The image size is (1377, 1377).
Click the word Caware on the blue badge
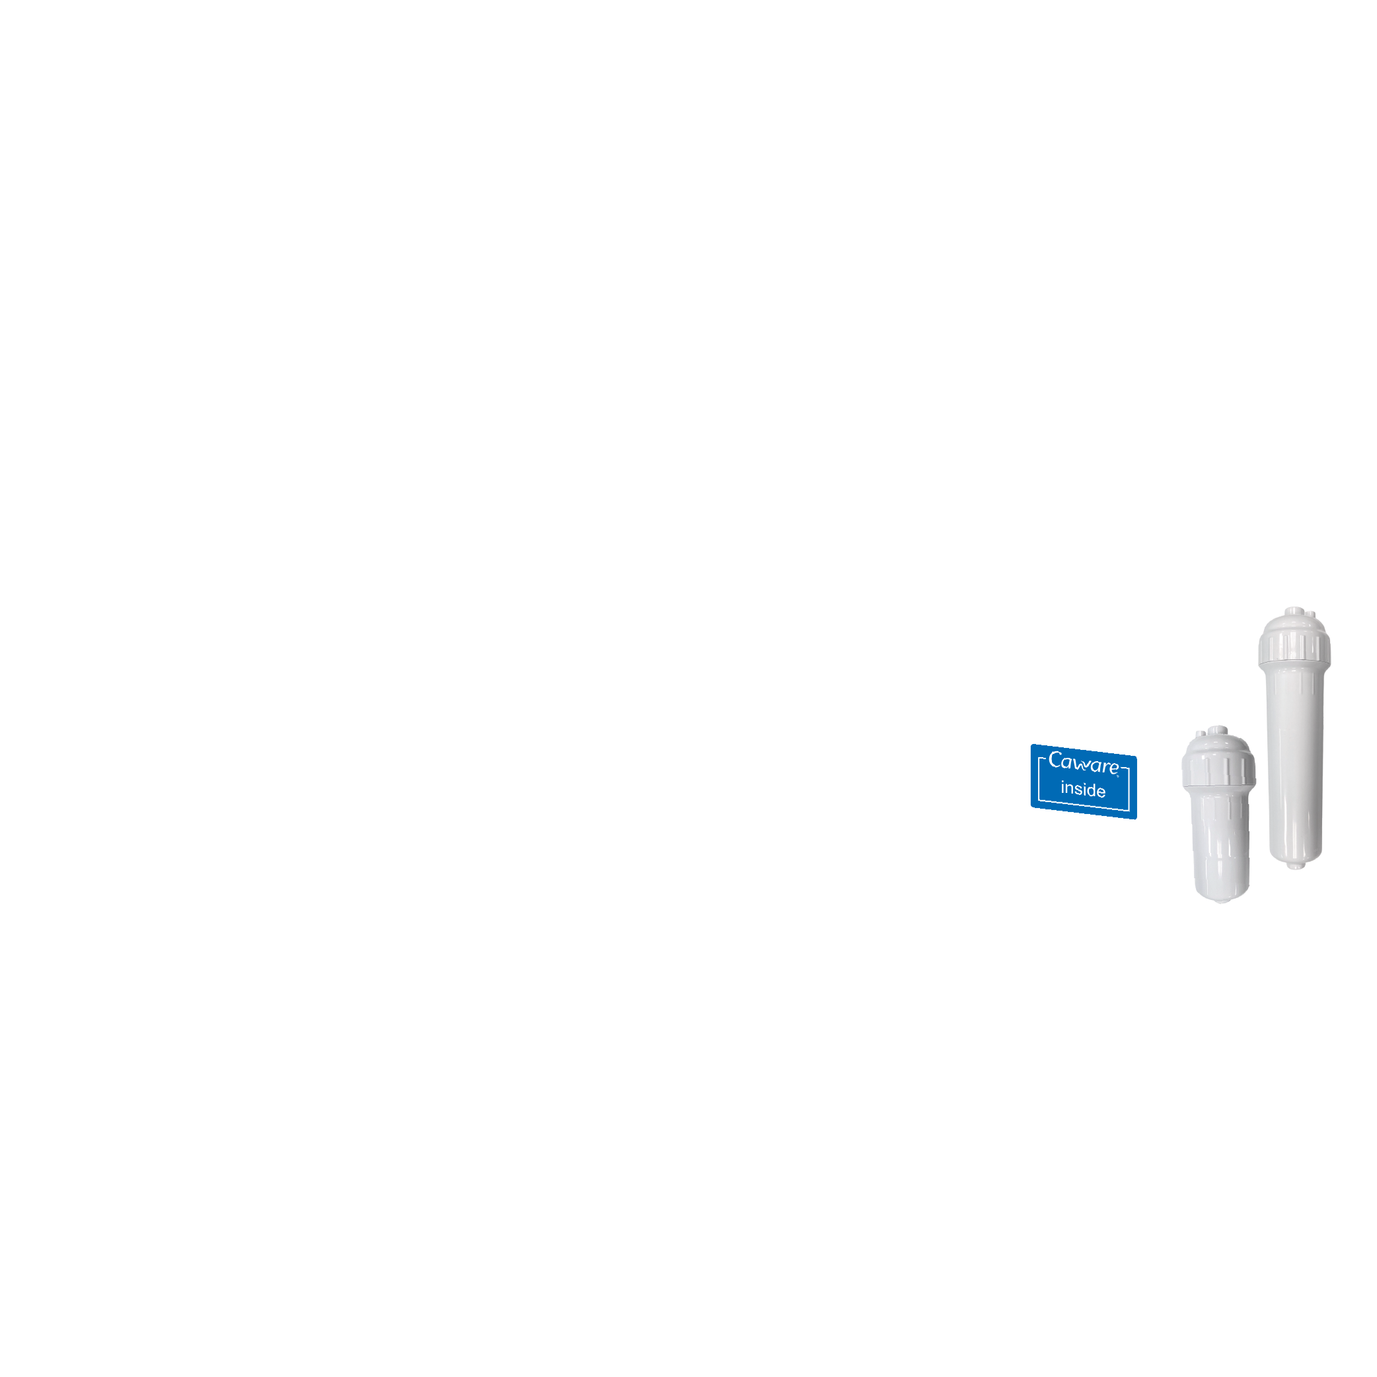[x=1084, y=763]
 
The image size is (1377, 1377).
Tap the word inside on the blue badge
[x=1083, y=789]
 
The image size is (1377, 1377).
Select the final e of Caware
[x=1113, y=768]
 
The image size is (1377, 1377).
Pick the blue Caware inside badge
[x=1084, y=781]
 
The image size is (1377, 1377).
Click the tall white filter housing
[x=1294, y=737]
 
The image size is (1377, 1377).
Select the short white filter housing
[x=1219, y=815]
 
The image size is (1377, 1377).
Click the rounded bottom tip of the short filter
[x=1222, y=899]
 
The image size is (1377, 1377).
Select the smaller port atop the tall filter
[x=1311, y=614]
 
